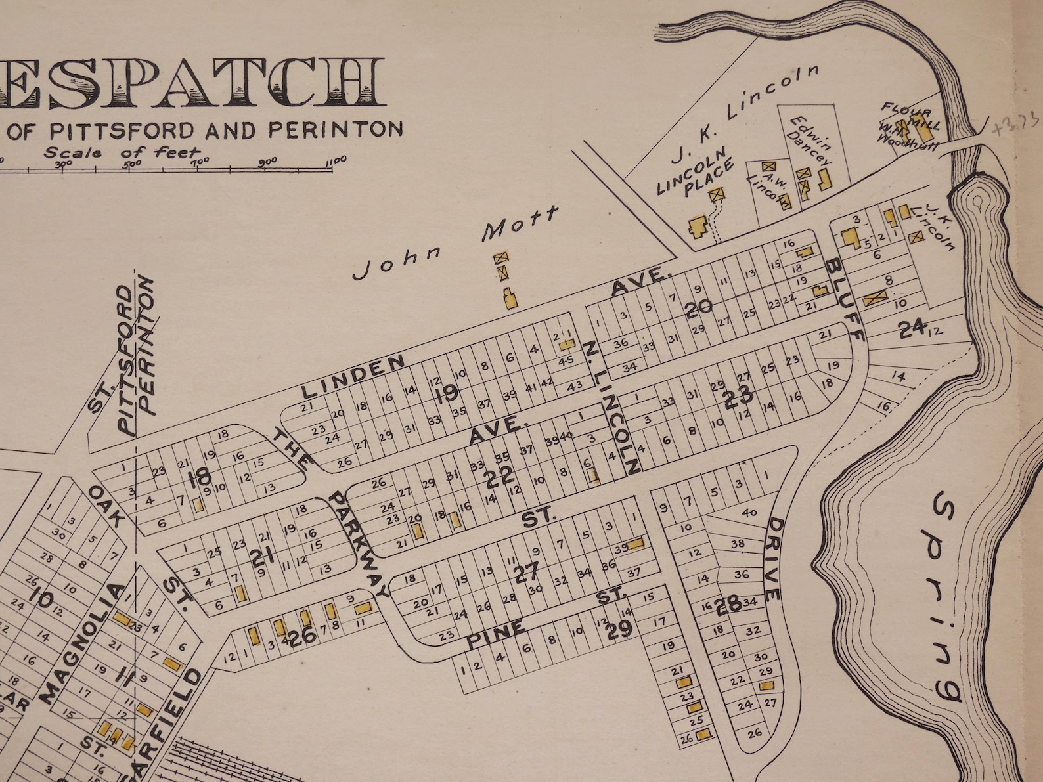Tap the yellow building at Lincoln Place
(697, 227)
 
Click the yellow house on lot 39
(636, 544)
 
